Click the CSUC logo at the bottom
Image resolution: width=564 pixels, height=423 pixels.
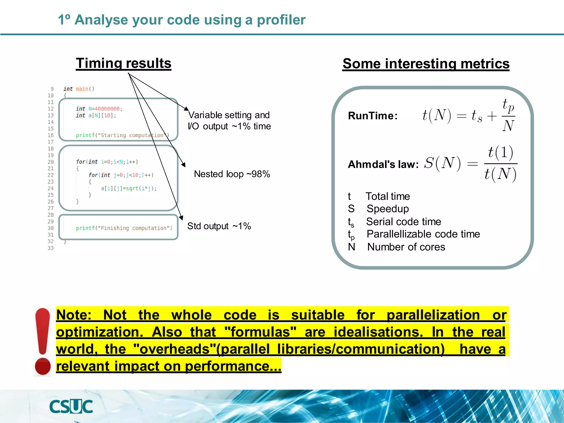pyautogui.click(x=71, y=406)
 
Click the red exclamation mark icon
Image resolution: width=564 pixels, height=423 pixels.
pyautogui.click(x=43, y=341)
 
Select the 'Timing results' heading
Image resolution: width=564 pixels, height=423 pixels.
pyautogui.click(x=123, y=63)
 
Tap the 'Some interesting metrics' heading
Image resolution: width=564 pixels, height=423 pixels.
pyautogui.click(x=426, y=64)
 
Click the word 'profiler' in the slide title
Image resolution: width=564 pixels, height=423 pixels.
pyautogui.click(x=281, y=20)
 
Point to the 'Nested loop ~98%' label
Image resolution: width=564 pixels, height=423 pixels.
pyautogui.click(x=232, y=174)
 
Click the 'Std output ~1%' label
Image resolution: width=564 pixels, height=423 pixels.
pyautogui.click(x=219, y=226)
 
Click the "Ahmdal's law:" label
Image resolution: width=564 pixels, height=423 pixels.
pyautogui.click(x=383, y=164)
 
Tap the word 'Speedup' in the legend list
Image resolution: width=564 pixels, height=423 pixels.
pyautogui.click(x=387, y=209)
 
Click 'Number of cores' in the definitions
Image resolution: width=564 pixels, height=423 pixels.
pyautogui.click(x=406, y=247)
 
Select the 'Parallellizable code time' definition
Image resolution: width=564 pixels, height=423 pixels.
pyautogui.click(x=423, y=234)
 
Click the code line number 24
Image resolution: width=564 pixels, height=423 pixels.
pyautogui.click(x=51, y=188)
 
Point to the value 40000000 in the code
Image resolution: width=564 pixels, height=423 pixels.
pyautogui.click(x=107, y=109)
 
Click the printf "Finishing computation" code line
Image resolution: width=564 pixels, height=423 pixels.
pyautogui.click(x=124, y=228)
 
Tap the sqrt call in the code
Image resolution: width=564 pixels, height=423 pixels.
pyautogui.click(x=132, y=188)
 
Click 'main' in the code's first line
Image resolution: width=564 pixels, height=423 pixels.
pyautogui.click(x=82, y=89)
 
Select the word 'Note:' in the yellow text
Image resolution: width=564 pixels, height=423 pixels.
pyautogui.click(x=74, y=315)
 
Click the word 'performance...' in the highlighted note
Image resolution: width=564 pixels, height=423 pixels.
pyautogui.click(x=233, y=366)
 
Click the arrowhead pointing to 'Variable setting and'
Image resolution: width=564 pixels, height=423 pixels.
pyautogui.click(x=186, y=109)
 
